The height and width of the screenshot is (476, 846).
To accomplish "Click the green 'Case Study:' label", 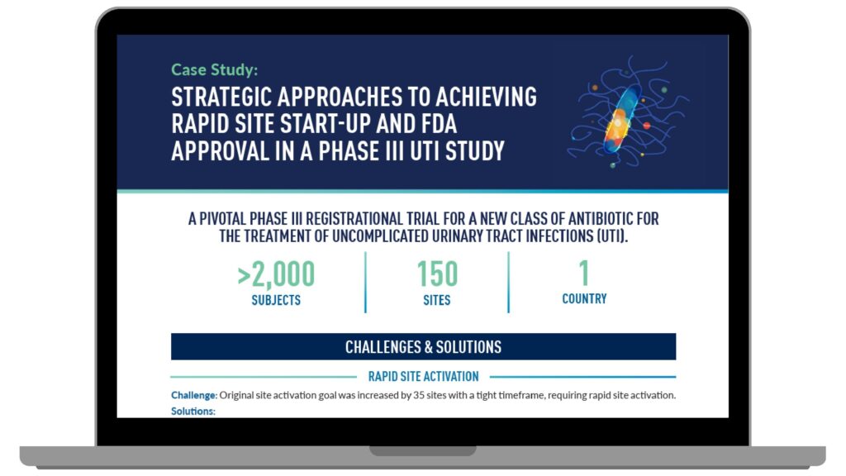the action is (214, 69).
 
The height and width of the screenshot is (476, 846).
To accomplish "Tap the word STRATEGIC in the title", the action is (221, 98).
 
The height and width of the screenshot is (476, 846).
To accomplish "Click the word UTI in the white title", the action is (425, 151).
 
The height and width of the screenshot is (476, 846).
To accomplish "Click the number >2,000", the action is (276, 274).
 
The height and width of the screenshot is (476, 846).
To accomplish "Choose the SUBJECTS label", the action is (276, 300).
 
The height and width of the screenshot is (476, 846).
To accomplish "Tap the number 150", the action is (437, 274).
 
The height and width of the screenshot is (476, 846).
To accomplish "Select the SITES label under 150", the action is (436, 300).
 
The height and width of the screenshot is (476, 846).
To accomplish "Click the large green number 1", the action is (584, 273).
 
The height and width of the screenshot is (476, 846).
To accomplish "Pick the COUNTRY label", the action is (584, 298).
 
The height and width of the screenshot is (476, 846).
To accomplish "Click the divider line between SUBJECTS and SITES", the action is (365, 283).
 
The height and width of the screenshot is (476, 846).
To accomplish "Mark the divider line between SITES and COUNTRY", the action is (508, 283).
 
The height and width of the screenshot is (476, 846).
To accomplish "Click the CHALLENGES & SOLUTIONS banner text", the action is (424, 347).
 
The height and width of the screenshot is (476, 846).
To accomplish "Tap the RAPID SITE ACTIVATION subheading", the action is (424, 376).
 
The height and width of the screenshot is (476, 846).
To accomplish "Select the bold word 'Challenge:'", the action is (194, 395).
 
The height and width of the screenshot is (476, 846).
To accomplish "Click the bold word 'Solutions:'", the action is (193, 412).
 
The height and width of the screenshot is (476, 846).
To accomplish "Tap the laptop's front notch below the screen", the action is (423, 450).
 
